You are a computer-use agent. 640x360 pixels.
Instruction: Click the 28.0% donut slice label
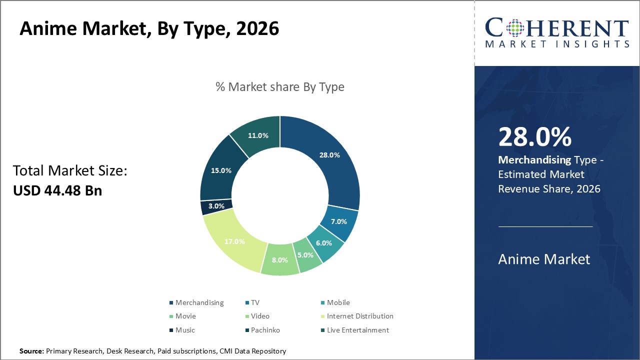pyautogui.click(x=329, y=155)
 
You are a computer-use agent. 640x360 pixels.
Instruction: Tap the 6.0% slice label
pyautogui.click(x=323, y=243)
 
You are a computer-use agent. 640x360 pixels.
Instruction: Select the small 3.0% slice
pyautogui.click(x=216, y=206)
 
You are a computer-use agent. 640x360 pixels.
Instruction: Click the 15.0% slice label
pyautogui.click(x=221, y=170)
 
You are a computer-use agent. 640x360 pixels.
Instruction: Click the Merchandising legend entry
pyautogui.click(x=196, y=302)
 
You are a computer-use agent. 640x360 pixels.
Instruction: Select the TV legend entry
pyautogui.click(x=252, y=302)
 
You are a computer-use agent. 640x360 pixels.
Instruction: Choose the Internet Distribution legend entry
pyautogui.click(x=357, y=316)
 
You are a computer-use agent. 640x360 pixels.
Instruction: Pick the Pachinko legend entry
pyautogui.click(x=263, y=330)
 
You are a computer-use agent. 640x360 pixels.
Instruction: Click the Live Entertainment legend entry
pyautogui.click(x=355, y=330)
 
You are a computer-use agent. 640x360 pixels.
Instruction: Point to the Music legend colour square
pyautogui.click(x=171, y=330)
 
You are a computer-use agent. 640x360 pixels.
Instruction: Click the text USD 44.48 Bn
pyautogui.click(x=57, y=190)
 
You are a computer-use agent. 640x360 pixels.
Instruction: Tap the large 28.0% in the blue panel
pyautogui.click(x=535, y=137)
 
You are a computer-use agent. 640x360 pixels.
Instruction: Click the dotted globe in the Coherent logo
pyautogui.click(x=515, y=28)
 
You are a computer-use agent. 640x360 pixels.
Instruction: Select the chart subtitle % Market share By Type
pyautogui.click(x=280, y=87)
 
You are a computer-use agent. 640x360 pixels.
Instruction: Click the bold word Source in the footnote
pyautogui.click(x=31, y=351)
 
